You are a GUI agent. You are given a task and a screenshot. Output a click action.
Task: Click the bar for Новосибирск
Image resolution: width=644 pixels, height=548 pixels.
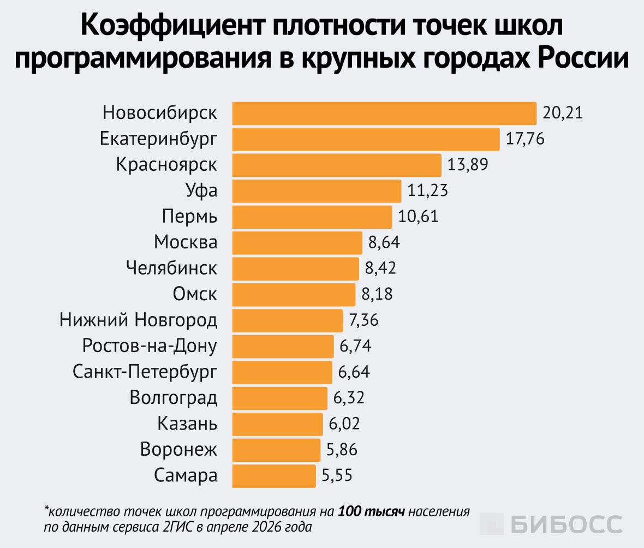384,114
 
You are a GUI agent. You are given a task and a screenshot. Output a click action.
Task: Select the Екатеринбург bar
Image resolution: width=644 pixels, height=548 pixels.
366,139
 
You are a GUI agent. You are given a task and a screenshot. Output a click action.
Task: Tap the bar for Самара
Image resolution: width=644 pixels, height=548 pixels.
274,475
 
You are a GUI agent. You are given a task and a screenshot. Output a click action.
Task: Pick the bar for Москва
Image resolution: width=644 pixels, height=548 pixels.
297,243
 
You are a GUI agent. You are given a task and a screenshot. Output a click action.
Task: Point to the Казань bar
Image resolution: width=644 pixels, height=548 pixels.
278,424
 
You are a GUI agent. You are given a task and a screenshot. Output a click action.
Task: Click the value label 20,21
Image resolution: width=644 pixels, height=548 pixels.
563,114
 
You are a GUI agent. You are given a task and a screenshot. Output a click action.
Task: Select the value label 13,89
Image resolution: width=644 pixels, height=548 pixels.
468,165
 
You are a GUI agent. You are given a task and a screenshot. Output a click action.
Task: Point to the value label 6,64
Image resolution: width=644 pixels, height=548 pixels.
354,372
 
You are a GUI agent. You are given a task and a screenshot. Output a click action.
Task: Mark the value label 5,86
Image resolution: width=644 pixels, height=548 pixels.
342,450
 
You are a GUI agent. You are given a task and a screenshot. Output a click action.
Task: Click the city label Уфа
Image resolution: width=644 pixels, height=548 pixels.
201,191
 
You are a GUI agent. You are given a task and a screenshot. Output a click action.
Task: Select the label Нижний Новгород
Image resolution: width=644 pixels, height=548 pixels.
139,320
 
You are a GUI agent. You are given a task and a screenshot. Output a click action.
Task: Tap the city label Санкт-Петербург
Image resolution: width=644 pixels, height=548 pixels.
145,372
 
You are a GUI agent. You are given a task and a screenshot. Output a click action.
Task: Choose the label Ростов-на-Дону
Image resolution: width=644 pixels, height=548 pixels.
150,346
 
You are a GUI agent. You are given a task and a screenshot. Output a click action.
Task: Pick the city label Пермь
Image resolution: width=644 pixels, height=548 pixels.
190,217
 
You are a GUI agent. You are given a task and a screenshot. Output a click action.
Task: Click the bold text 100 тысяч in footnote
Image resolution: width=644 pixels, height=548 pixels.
371,512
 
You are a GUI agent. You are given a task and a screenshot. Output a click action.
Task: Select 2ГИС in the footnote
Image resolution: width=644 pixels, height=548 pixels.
175,528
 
